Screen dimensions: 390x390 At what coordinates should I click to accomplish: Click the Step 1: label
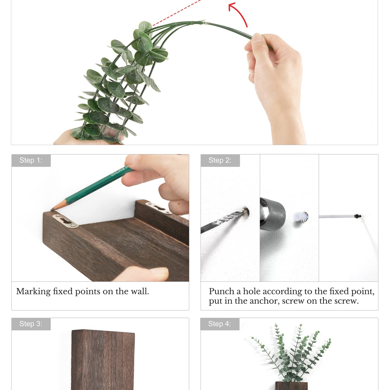click(31, 160)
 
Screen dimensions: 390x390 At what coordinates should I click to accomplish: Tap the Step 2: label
click(220, 160)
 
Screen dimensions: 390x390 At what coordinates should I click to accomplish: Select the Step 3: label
click(31, 324)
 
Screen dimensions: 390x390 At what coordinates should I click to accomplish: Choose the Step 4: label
click(220, 324)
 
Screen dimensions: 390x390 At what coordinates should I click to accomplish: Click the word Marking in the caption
click(34, 292)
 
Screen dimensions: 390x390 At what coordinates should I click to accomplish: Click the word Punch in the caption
click(222, 291)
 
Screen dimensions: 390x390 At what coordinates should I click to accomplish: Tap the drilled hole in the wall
click(246, 212)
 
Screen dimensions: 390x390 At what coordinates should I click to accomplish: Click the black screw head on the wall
click(358, 216)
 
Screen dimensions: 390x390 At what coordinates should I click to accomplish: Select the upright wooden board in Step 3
click(103, 360)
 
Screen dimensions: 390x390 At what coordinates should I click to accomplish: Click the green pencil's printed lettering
click(119, 171)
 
